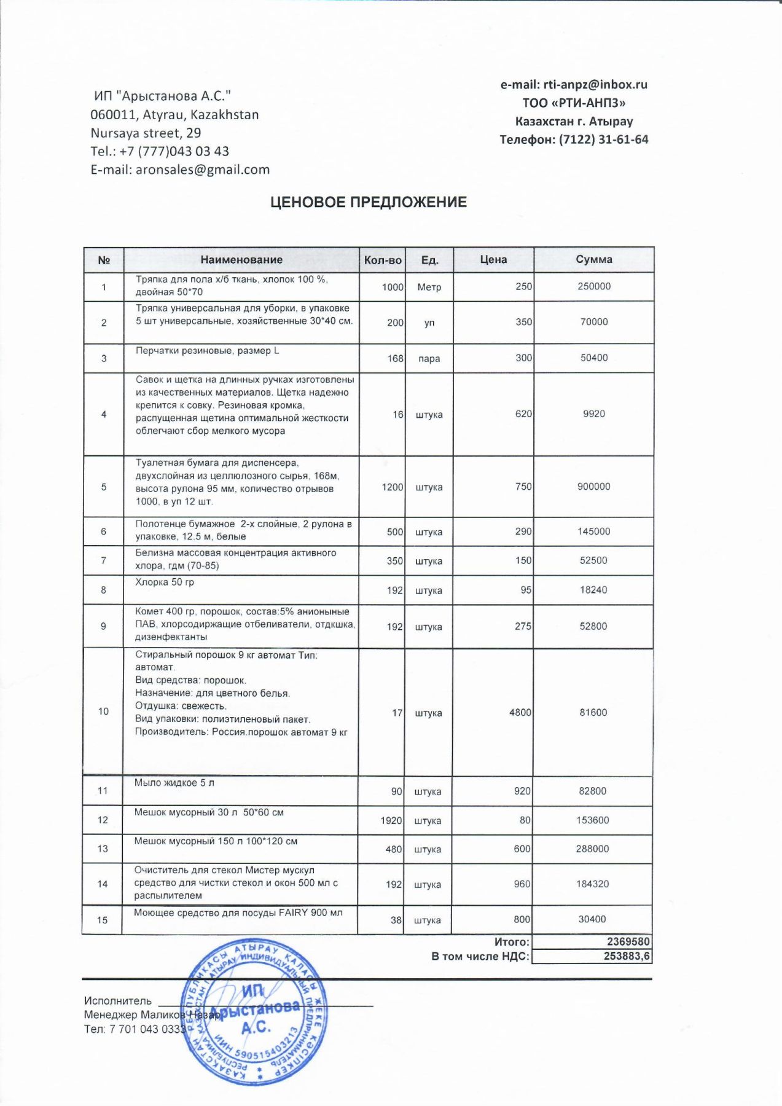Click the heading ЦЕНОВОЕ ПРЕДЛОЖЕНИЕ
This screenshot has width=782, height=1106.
click(x=369, y=202)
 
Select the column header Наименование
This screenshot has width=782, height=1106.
click(x=241, y=260)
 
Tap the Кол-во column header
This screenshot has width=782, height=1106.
click(x=382, y=260)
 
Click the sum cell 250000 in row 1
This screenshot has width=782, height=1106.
click(x=593, y=286)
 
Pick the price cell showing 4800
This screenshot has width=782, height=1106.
click(x=520, y=712)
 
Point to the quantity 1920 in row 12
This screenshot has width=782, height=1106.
click(x=391, y=820)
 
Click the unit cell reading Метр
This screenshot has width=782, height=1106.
click(x=429, y=287)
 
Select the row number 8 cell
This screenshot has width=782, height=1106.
click(x=103, y=590)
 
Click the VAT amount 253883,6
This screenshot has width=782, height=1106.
click(x=627, y=956)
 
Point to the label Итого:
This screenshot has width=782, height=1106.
click(x=512, y=942)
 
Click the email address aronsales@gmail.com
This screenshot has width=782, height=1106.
click(x=203, y=170)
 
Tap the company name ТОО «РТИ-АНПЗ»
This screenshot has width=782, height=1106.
click(x=574, y=103)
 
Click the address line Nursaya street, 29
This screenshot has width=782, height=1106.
click(x=146, y=133)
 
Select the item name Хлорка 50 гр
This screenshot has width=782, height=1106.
click(x=165, y=582)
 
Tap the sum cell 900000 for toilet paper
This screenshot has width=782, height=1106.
click(x=593, y=487)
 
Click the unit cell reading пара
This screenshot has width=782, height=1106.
click(x=429, y=358)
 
